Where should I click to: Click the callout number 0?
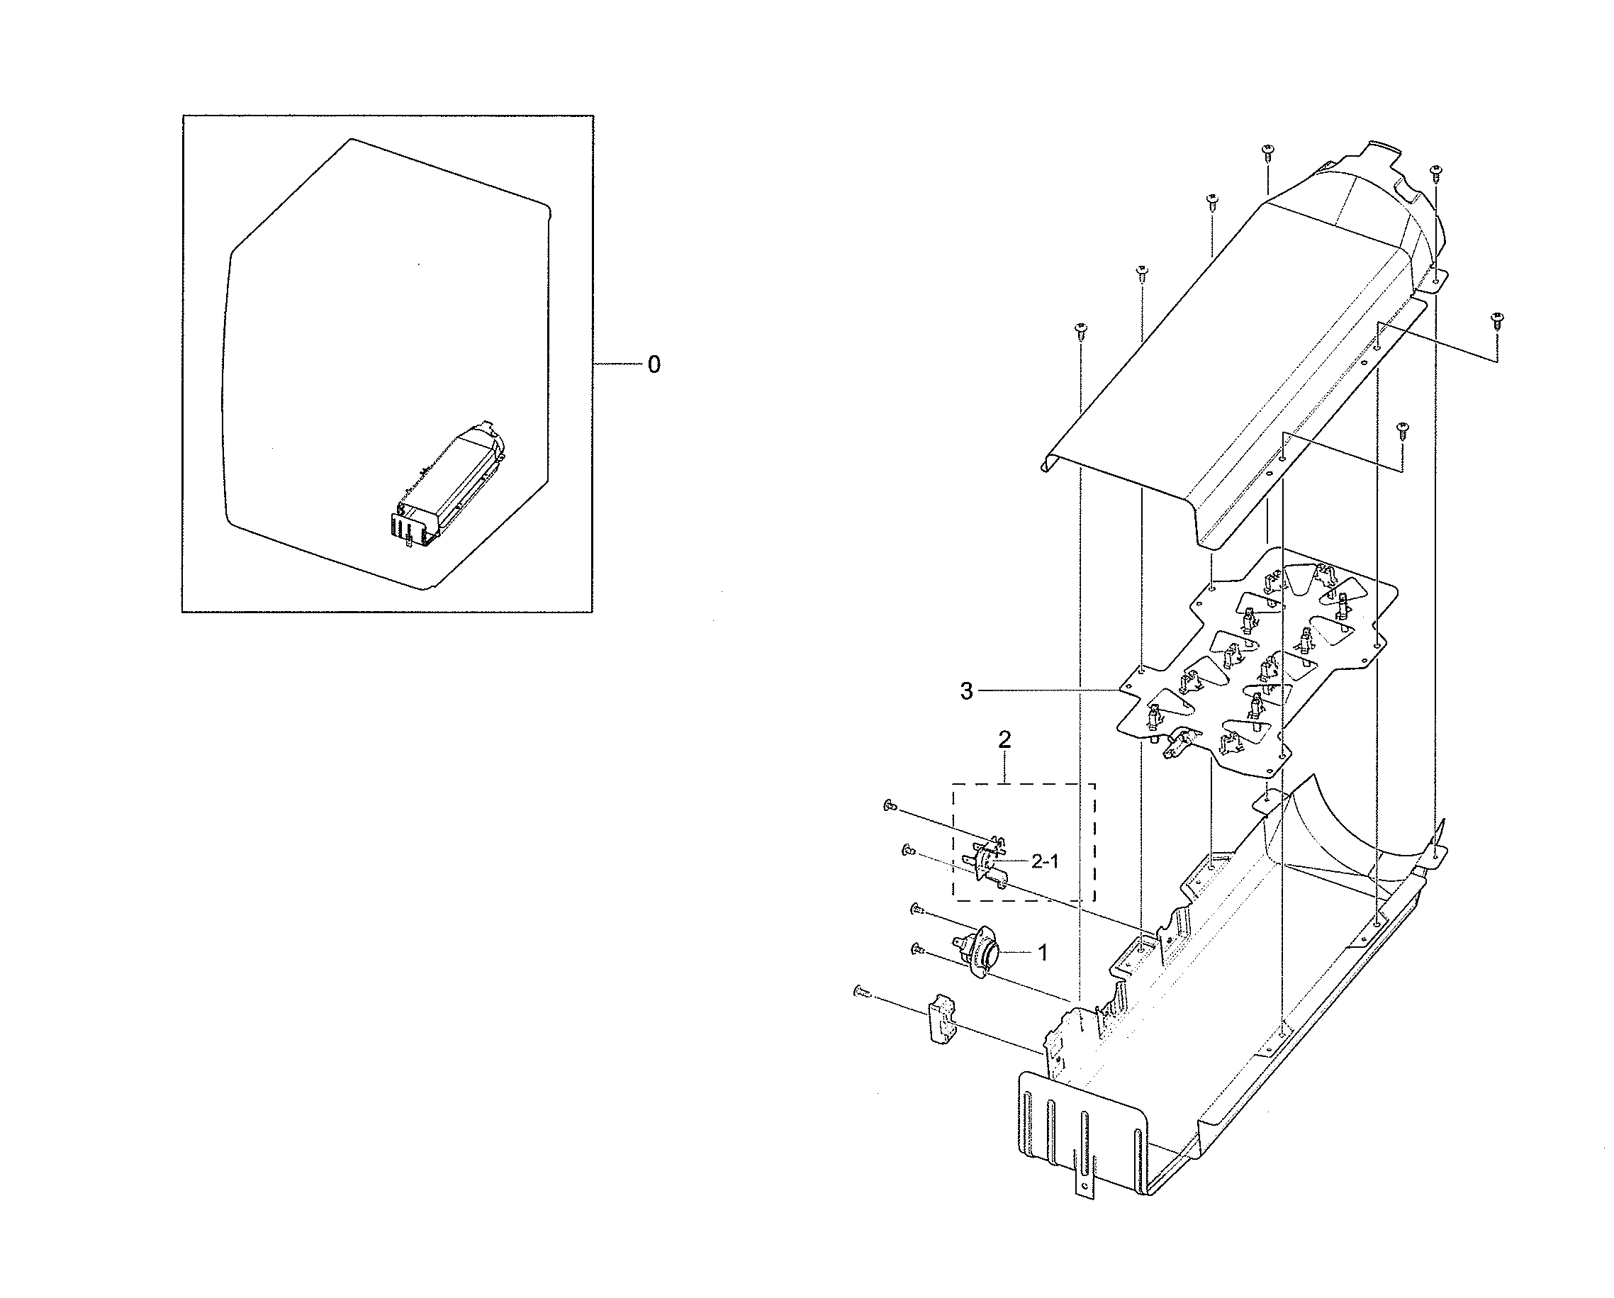(x=654, y=365)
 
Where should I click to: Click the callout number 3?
(x=966, y=692)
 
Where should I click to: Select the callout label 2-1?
(x=1045, y=861)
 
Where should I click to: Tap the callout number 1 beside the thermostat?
(x=1042, y=953)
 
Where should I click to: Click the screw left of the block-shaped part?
(x=862, y=991)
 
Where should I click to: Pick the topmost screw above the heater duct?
(x=1267, y=151)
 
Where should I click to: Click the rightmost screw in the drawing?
(x=1496, y=320)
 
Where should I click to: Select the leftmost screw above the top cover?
(x=1080, y=330)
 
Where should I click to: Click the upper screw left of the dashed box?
(x=890, y=805)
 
